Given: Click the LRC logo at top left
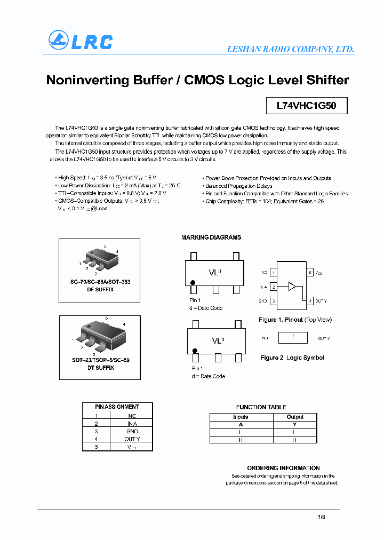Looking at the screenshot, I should [x=81, y=41].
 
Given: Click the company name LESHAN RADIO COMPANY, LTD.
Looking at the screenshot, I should [x=290, y=49].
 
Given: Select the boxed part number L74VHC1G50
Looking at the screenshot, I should [x=306, y=106].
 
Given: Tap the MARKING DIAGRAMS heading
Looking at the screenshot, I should [x=211, y=237].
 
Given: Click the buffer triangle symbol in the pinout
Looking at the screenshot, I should [x=291, y=287].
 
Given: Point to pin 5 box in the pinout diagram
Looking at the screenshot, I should [x=309, y=273].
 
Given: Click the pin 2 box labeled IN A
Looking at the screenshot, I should [x=274, y=287].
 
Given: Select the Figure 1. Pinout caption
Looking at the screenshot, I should [x=295, y=320].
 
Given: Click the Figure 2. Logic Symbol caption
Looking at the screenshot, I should [x=292, y=358].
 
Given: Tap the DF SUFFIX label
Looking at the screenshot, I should [x=101, y=289].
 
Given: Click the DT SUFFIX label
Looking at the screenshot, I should [x=101, y=368].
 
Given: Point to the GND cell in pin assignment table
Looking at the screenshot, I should [x=132, y=431].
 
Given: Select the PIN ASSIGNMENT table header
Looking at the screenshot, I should [x=117, y=407].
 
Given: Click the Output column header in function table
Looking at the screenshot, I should [x=294, y=417].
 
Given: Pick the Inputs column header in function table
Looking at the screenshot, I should [x=241, y=417].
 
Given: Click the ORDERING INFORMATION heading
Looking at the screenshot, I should [x=283, y=468].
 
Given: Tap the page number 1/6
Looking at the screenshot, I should [x=321, y=517].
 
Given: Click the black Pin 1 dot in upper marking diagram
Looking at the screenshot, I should [x=193, y=282].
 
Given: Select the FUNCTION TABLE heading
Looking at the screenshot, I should [x=261, y=407].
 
